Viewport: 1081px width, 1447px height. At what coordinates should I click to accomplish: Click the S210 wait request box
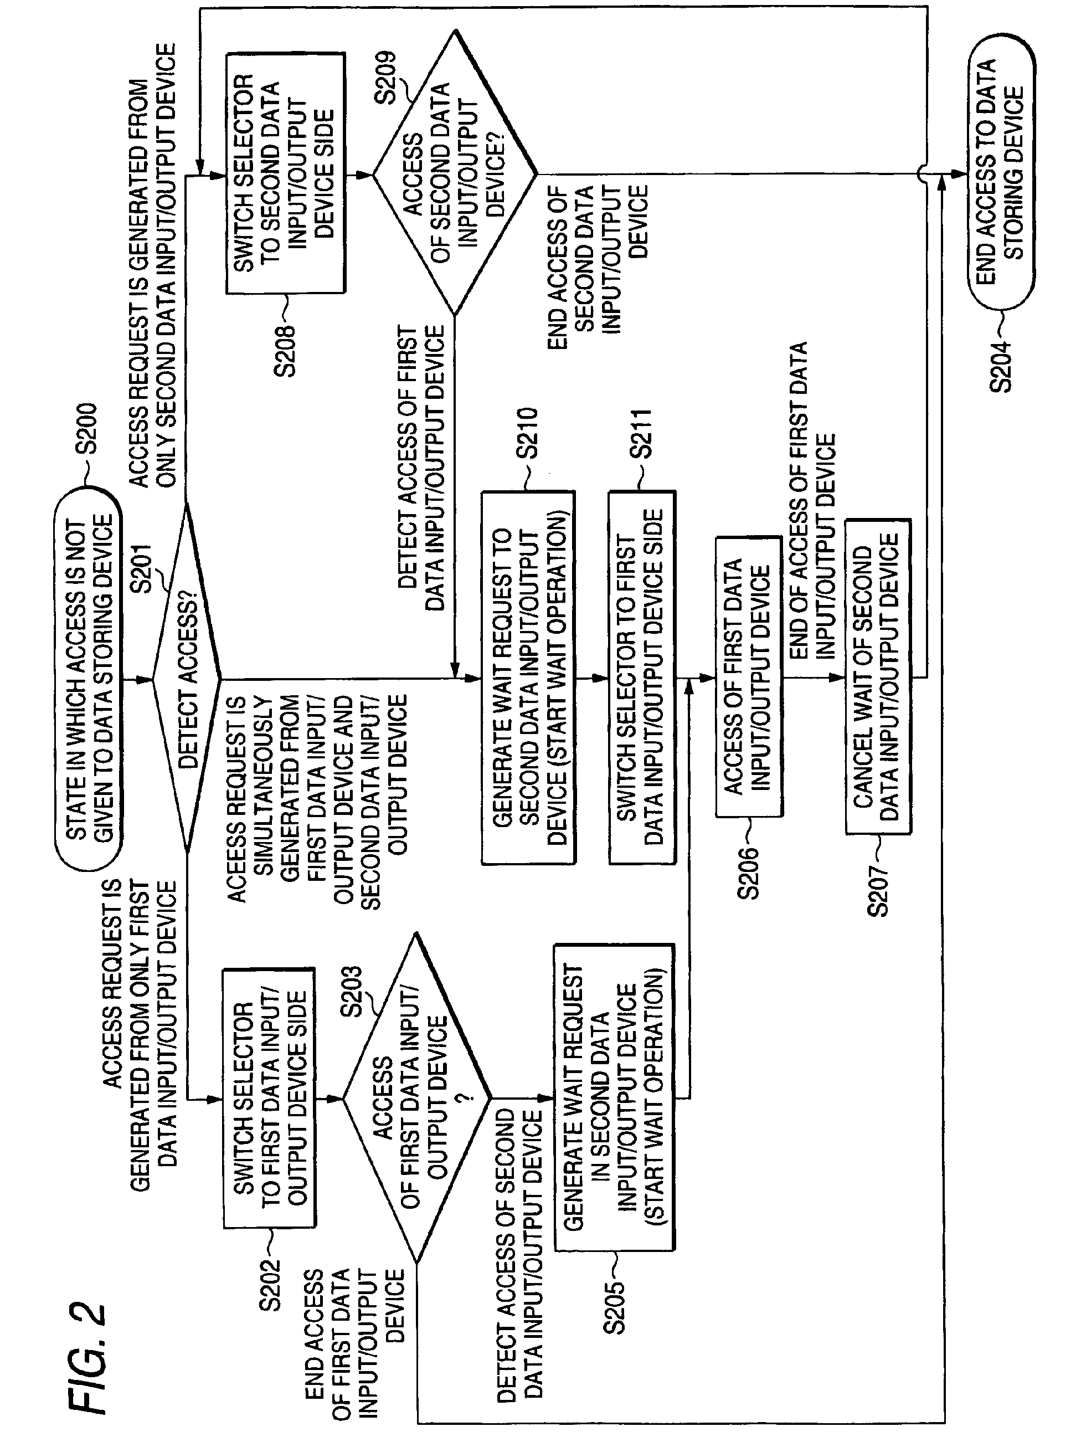(x=528, y=678)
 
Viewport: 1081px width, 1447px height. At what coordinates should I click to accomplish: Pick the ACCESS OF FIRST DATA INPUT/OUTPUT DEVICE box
(x=749, y=676)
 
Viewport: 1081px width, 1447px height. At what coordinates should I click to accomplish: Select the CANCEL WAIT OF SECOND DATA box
(x=878, y=676)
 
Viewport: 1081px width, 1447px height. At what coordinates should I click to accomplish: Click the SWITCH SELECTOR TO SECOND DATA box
(x=285, y=173)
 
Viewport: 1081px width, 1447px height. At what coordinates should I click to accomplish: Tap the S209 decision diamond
(x=455, y=173)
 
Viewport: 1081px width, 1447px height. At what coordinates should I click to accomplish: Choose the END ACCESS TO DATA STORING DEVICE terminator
(x=1001, y=173)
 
